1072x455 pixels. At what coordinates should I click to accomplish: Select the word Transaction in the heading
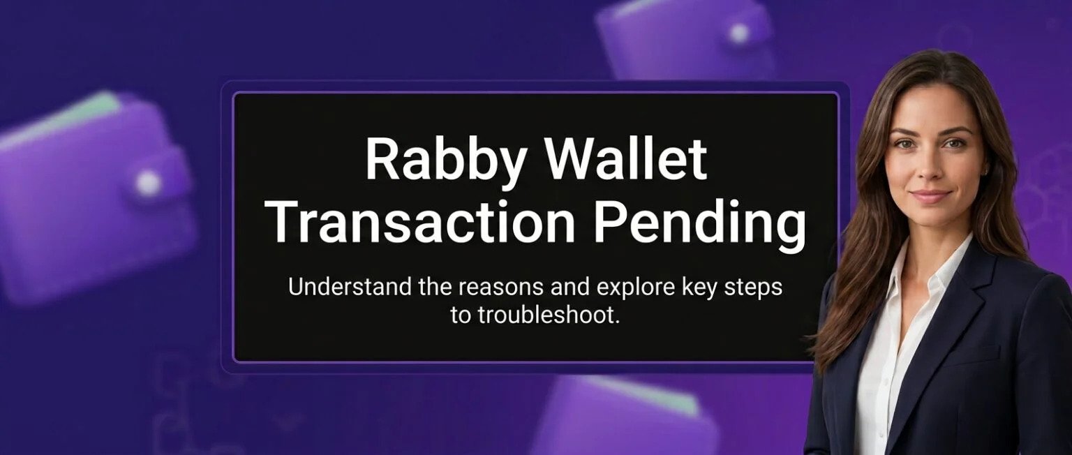pos(422,223)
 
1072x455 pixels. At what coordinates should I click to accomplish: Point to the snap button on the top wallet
pos(739,33)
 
